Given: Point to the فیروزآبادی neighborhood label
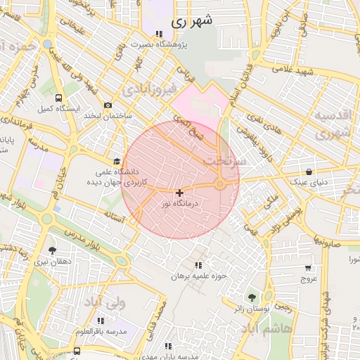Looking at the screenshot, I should pos(148,91).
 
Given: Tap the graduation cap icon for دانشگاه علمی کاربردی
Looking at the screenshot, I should pos(117,161).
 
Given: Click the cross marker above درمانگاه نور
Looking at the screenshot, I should pos(179,193).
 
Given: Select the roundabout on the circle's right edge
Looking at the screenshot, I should pos(220,184).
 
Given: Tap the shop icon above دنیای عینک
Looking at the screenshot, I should pos(311,171).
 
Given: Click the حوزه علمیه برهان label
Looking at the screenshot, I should pos(201,276).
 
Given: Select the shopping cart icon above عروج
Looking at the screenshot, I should pos(308,267).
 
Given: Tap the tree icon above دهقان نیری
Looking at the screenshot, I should pos(52,250).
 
